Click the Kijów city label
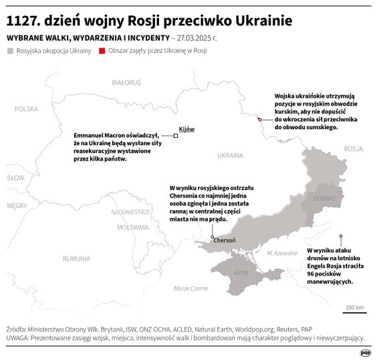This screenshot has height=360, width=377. (187, 128)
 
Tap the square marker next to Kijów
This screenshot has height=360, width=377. (176, 135)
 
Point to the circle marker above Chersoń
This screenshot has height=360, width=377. (213, 237)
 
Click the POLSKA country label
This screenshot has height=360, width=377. (27, 108)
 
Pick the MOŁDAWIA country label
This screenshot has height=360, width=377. (132, 228)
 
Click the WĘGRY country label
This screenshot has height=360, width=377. (16, 206)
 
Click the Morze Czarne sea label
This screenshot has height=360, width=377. (191, 288)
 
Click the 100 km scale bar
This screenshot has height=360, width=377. (354, 312)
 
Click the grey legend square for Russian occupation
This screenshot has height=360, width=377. (9, 50)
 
